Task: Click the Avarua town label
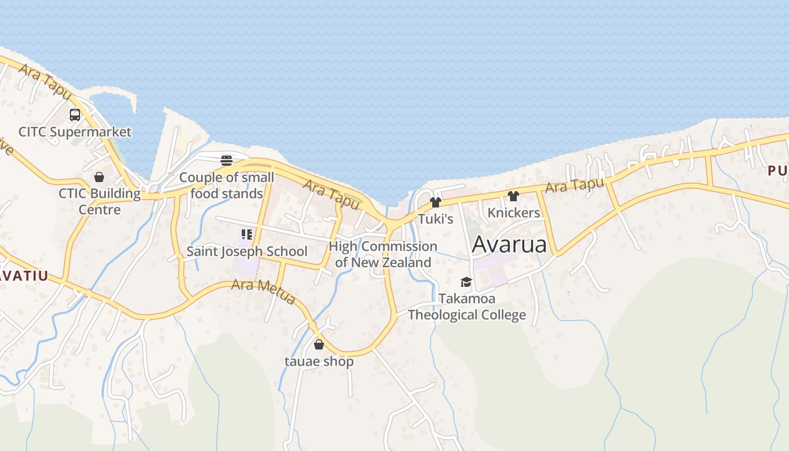509,245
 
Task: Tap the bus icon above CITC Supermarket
75,115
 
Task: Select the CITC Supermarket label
75,132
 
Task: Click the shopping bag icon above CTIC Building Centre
99,177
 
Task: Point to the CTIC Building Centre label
100,201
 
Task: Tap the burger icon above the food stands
227,161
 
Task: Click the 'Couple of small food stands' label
227,185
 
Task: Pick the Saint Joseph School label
247,251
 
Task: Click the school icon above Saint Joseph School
246,234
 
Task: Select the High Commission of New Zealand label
383,254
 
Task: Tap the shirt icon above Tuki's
435,202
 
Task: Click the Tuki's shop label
435,219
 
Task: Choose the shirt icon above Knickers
513,196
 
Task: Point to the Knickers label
513,213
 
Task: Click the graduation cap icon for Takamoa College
466,282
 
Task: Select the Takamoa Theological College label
467,307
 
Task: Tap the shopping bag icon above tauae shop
319,344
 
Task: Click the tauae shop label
319,361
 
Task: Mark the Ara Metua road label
263,291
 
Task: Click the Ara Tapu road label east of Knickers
574,185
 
